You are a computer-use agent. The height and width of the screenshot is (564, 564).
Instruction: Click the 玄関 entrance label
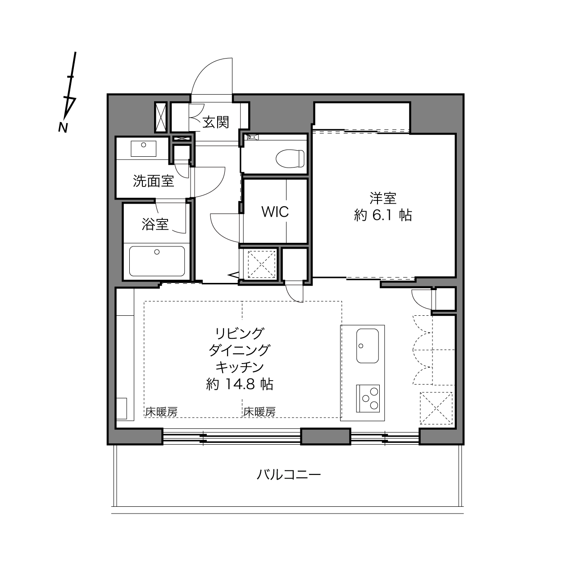click(x=216, y=122)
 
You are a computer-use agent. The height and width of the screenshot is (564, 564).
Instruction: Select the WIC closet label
click(x=275, y=212)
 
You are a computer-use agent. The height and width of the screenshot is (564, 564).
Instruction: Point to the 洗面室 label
click(x=153, y=181)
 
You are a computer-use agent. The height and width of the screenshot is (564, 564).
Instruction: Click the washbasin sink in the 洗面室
click(x=143, y=148)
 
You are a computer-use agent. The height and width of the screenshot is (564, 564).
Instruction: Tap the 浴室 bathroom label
click(x=155, y=224)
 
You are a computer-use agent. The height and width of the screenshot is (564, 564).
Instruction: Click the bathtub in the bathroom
click(x=157, y=261)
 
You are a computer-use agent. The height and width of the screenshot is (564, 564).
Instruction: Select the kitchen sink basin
click(x=367, y=346)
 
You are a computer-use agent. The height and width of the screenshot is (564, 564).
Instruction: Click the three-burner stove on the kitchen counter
click(x=368, y=398)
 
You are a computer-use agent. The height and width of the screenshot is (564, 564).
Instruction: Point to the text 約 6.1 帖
click(x=383, y=216)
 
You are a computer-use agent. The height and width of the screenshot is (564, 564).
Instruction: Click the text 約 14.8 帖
click(x=239, y=384)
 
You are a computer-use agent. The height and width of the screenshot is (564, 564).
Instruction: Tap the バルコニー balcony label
click(x=289, y=474)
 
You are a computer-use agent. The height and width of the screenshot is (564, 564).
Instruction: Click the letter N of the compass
click(x=63, y=127)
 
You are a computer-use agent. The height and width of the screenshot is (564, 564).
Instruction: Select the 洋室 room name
click(x=383, y=199)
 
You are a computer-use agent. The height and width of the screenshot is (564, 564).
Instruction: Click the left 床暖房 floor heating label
click(x=161, y=412)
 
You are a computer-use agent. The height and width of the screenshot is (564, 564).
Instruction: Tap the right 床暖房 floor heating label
click(x=259, y=412)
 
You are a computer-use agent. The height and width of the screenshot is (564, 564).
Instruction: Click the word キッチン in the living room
click(x=240, y=367)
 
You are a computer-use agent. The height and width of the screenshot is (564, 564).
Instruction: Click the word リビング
click(x=240, y=333)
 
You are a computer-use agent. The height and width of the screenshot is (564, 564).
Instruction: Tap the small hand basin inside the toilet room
click(x=253, y=137)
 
